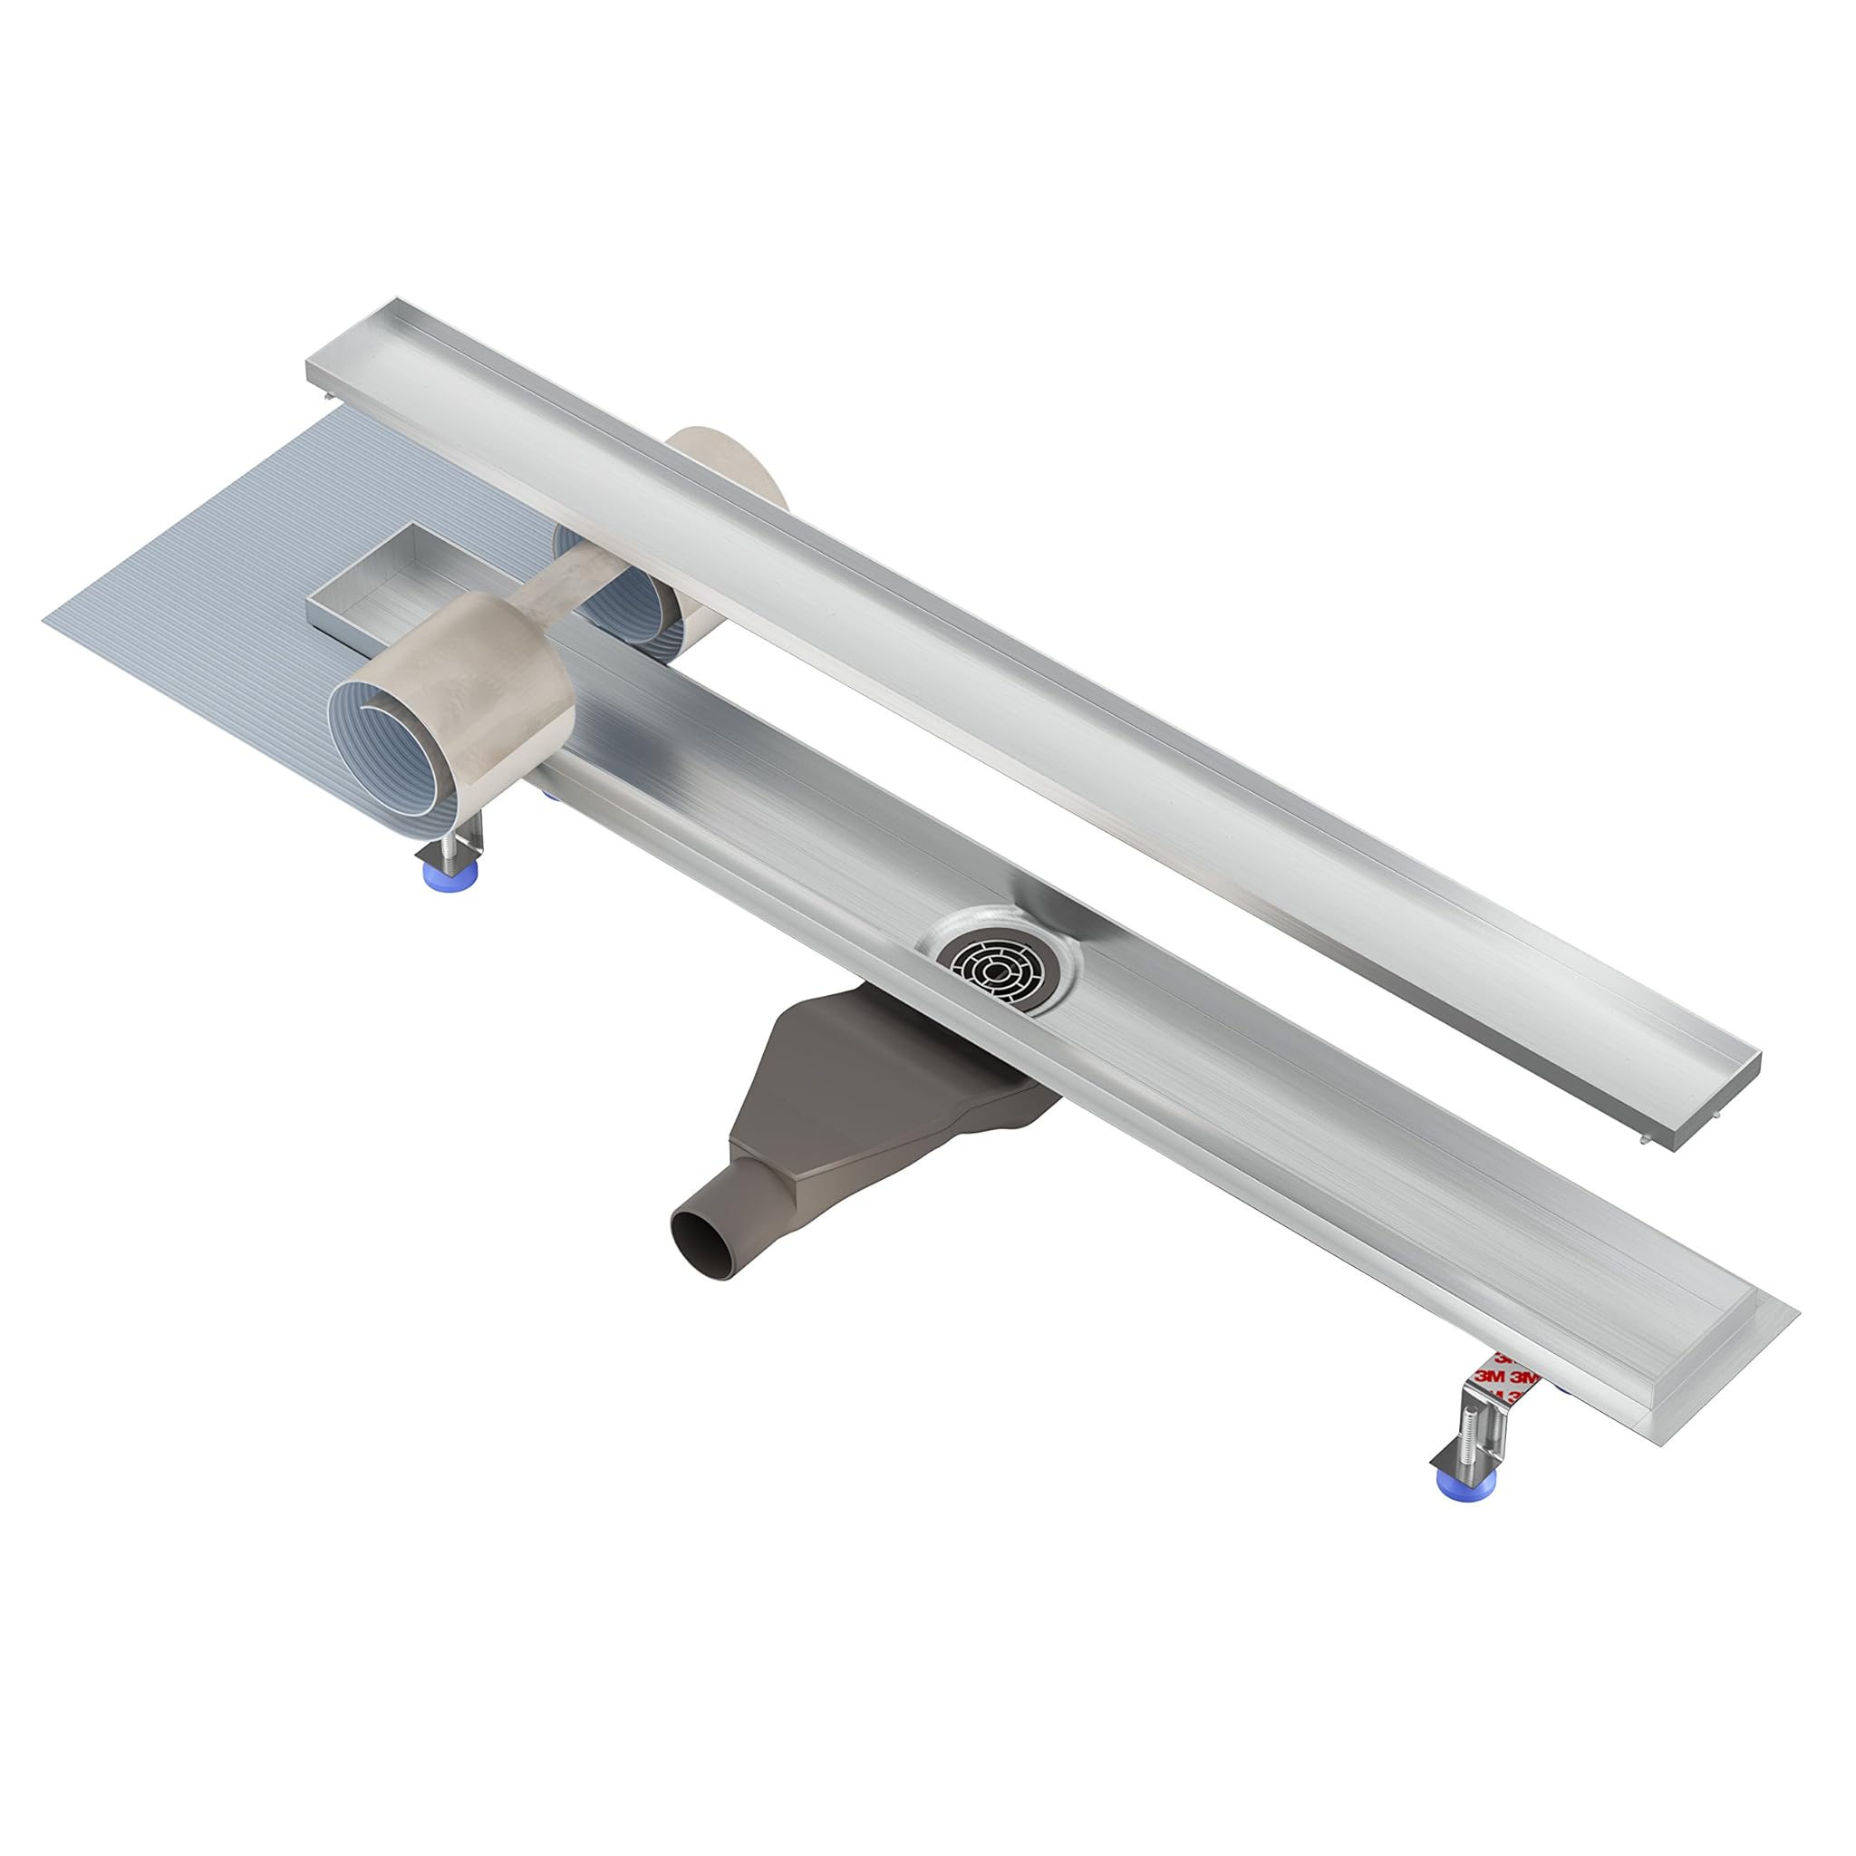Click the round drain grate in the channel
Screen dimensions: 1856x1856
(996, 970)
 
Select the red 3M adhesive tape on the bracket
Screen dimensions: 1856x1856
(1505, 1376)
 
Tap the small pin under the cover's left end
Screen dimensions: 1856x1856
(330, 396)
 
